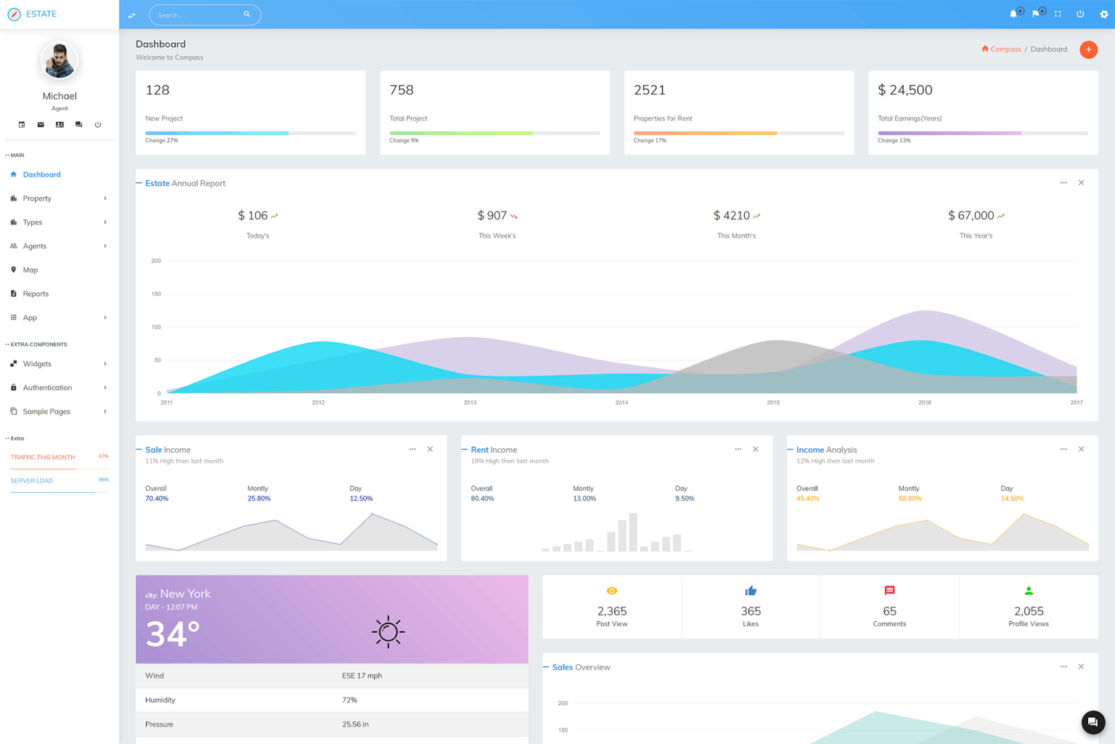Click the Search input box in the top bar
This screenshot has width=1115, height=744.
point(197,15)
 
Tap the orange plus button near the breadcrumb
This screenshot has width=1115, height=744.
point(1088,49)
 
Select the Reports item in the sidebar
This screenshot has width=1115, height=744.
point(36,294)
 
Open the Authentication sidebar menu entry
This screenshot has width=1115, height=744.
point(47,388)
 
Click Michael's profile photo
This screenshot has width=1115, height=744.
point(60,60)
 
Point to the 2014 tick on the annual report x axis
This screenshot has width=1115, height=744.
point(621,403)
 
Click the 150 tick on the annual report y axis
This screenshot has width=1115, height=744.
point(156,294)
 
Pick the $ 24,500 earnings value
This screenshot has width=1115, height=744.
point(904,90)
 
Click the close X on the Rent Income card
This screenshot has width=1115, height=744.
point(756,450)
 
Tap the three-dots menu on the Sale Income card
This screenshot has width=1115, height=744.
point(412,450)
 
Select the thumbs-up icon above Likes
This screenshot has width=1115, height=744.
point(751,591)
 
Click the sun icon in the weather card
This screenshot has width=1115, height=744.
point(388,632)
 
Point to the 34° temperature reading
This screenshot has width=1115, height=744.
point(173,634)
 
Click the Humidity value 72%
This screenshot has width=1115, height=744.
point(349,700)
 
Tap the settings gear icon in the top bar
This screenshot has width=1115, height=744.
point(1103,15)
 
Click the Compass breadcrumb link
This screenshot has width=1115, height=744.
point(1005,49)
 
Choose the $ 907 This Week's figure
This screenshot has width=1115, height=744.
point(492,216)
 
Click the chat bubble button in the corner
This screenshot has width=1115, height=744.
point(1092,722)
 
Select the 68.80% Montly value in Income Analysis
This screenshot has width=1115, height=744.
point(910,499)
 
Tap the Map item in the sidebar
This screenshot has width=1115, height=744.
point(30,270)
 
